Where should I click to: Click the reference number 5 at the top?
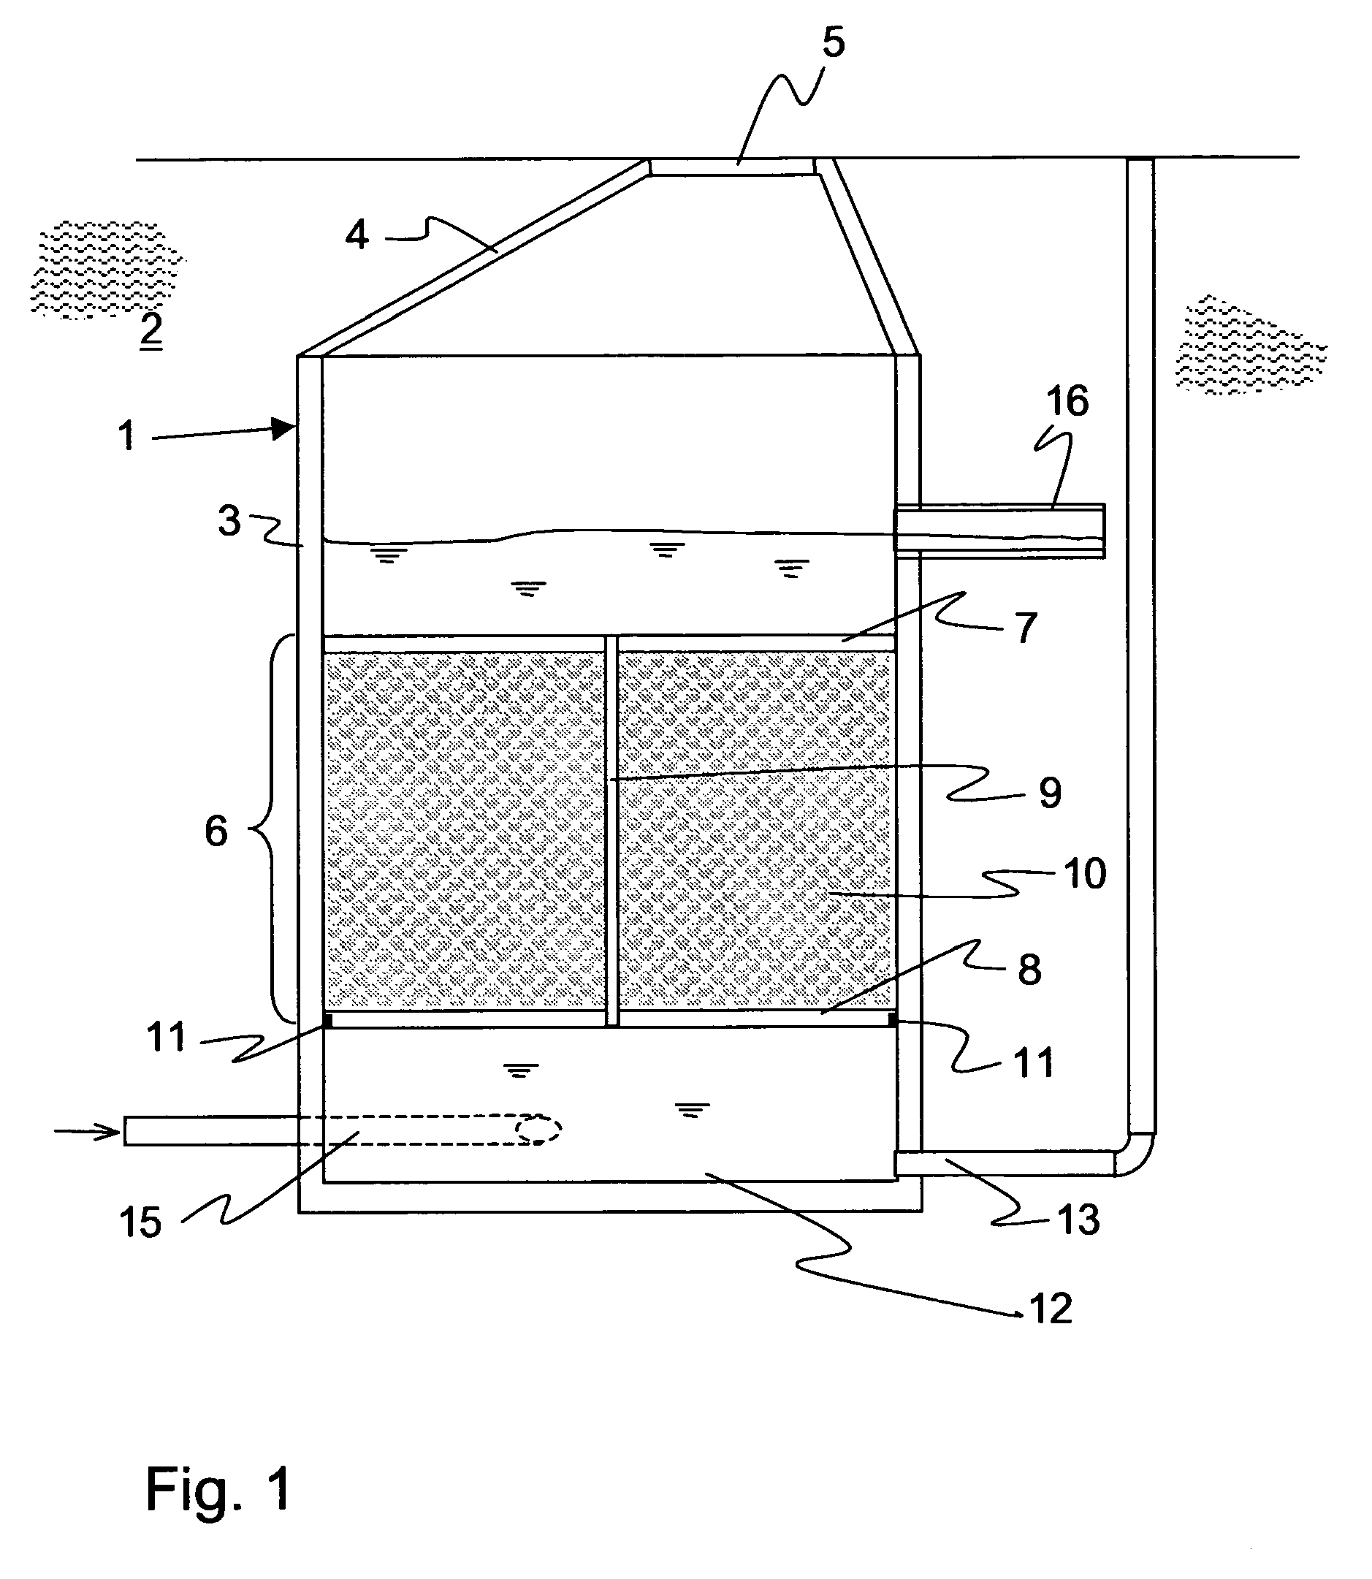833,42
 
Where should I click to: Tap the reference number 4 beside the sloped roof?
357,235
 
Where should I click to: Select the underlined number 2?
150,331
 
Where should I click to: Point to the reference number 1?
127,435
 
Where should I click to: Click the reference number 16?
1067,401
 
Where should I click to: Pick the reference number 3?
229,521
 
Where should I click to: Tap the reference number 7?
1025,628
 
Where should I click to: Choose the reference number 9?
1050,793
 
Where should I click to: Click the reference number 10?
1085,873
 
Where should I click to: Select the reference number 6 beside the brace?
216,831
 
